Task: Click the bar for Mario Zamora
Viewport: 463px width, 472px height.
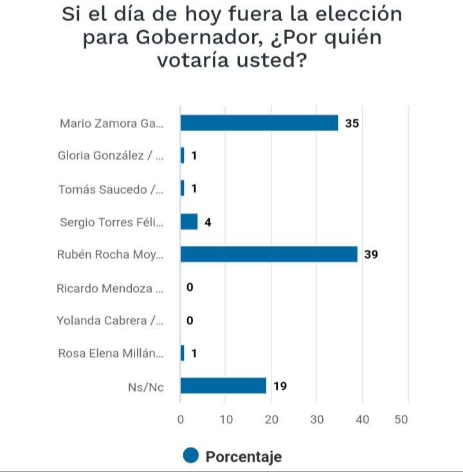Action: tap(259, 123)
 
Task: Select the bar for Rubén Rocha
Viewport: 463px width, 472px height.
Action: tap(269, 254)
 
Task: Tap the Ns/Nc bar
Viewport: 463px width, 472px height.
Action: tap(223, 385)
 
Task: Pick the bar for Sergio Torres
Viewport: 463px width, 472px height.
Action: tap(189, 222)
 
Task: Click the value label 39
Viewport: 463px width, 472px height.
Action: tap(371, 255)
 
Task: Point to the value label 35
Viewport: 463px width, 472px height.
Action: tap(352, 123)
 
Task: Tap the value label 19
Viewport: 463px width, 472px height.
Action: tap(280, 386)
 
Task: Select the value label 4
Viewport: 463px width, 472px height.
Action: tap(208, 222)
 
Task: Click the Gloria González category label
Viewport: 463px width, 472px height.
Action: tap(111, 156)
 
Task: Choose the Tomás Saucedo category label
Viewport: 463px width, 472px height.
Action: tap(111, 189)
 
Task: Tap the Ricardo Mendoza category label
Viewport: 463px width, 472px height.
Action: tap(110, 288)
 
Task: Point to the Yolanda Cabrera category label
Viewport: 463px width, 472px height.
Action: tap(110, 320)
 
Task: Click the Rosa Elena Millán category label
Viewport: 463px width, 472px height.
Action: tap(111, 353)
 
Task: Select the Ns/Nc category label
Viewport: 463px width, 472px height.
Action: tap(145, 386)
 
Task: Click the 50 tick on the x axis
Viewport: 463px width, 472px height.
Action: tap(401, 419)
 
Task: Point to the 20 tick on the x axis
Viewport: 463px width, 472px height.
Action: tap(271, 419)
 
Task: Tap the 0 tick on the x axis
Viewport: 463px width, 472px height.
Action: tap(181, 419)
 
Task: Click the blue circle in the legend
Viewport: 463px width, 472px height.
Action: tap(191, 456)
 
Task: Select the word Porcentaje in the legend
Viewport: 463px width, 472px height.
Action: tap(244, 457)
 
